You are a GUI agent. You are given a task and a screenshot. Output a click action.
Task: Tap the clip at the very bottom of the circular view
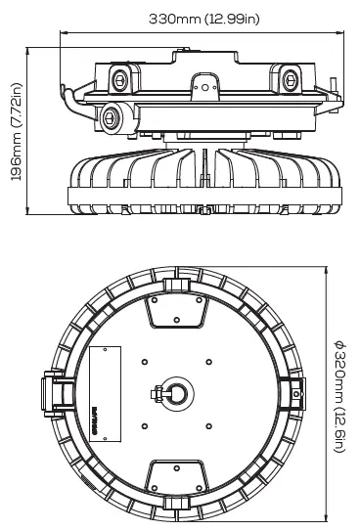(x=176, y=503)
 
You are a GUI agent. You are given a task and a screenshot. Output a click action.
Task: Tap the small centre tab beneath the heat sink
(x=202, y=208)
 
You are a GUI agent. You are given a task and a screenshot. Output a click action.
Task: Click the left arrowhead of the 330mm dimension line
(x=61, y=32)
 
